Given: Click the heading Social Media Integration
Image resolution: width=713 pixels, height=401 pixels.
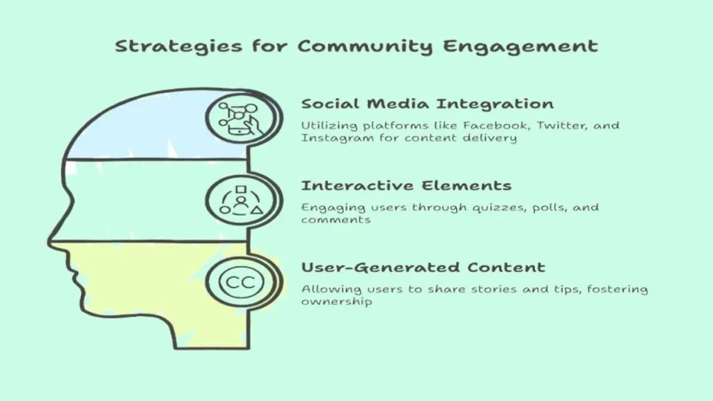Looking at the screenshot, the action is (428, 104).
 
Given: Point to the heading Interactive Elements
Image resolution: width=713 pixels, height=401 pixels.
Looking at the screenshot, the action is (406, 185).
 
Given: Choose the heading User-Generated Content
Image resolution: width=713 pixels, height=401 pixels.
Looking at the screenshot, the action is (423, 267).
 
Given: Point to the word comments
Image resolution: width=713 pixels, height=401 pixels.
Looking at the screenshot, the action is (336, 220).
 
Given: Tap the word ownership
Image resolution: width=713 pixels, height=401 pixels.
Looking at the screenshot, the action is (336, 302).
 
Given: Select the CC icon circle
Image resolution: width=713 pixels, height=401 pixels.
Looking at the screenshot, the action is (242, 283).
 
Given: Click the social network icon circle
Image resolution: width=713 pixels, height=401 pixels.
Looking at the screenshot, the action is (240, 119).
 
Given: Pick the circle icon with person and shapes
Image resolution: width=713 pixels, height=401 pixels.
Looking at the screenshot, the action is (242, 201).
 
